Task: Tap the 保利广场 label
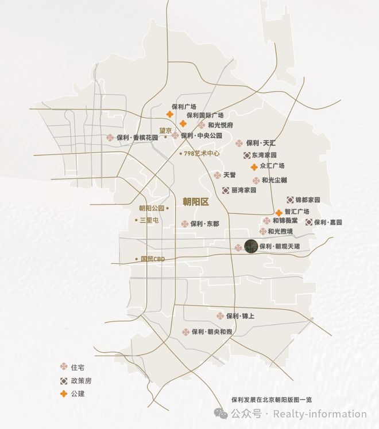click(184, 107)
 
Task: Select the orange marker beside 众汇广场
click(254, 166)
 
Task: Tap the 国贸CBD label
click(153, 259)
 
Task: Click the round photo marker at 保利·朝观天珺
click(251, 246)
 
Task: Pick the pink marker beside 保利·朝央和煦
click(186, 331)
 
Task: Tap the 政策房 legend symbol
click(64, 380)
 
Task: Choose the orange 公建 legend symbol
click(64, 393)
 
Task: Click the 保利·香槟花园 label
click(137, 138)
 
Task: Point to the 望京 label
click(165, 131)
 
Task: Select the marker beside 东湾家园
click(246, 155)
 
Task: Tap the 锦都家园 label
click(307, 200)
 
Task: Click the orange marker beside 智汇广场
click(279, 212)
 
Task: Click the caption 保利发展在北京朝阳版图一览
click(270, 400)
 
